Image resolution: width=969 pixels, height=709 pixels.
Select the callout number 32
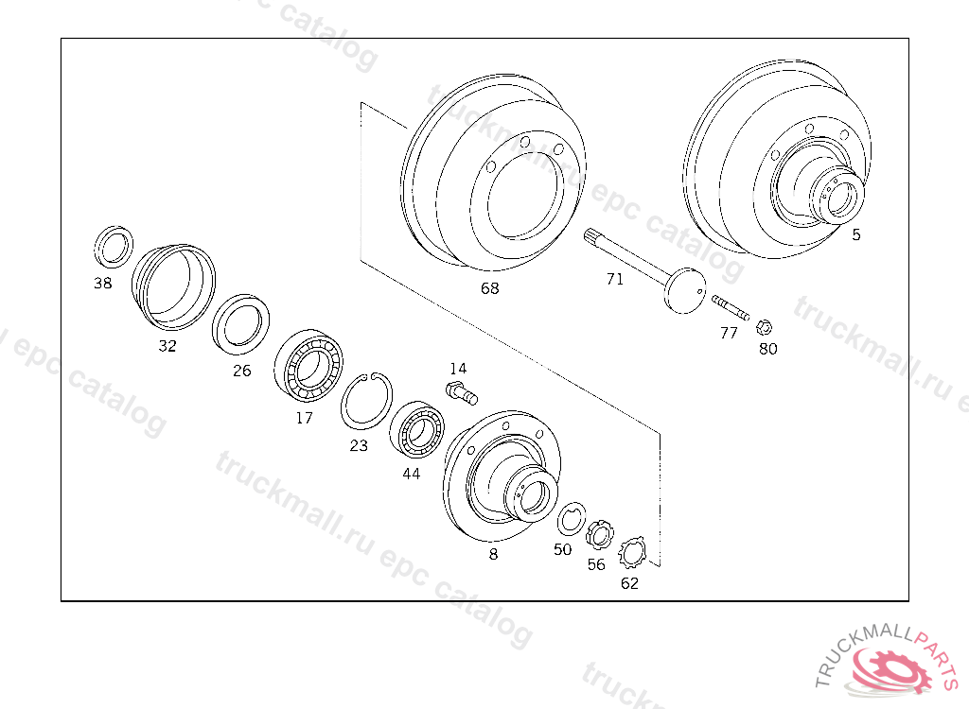click(x=167, y=346)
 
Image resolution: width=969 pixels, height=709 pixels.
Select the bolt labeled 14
click(x=462, y=393)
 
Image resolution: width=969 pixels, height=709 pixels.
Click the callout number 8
click(x=493, y=554)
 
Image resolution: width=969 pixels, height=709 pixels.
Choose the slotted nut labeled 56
click(x=599, y=535)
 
